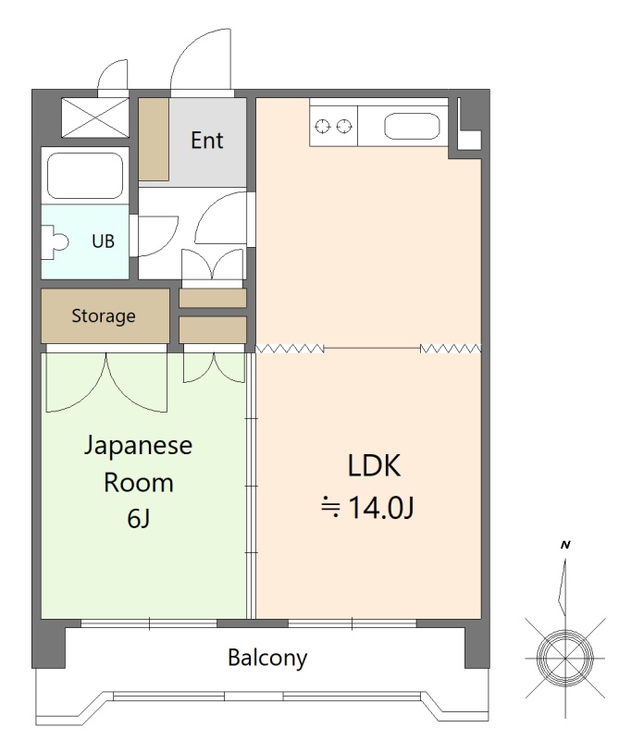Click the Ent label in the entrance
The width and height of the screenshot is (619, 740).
[x=207, y=141]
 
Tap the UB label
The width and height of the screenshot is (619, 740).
[x=103, y=241]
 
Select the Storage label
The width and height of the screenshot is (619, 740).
[x=104, y=315]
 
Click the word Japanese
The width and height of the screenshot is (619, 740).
[x=138, y=446]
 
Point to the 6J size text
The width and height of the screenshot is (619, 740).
[x=139, y=519]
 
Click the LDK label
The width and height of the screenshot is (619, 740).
[x=374, y=465]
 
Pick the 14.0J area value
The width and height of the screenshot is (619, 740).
[x=381, y=507]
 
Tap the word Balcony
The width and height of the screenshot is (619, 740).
[x=267, y=658]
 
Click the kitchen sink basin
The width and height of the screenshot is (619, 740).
[x=412, y=127]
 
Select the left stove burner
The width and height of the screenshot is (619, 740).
[x=323, y=127]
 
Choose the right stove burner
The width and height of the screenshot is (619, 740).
[x=344, y=127]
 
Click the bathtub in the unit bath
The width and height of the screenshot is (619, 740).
[x=85, y=176]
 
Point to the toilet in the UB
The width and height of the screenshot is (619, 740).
[x=55, y=242]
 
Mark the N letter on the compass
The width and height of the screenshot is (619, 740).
[x=565, y=545]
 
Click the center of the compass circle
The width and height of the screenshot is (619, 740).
[x=565, y=657]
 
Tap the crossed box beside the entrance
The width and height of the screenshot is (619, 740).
[x=95, y=117]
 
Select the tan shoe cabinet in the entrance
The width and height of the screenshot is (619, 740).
[x=154, y=140]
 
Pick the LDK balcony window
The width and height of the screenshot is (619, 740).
[x=353, y=623]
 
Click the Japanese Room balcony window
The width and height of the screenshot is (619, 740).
[x=149, y=623]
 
